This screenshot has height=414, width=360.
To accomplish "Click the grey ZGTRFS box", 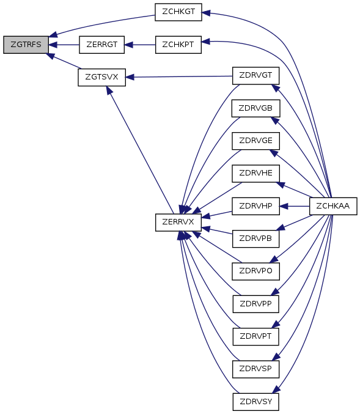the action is pyautogui.click(x=26, y=45).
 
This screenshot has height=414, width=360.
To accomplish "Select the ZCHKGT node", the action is pyautogui.click(x=178, y=12).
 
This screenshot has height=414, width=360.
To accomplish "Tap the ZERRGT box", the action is pyautogui.click(x=102, y=45).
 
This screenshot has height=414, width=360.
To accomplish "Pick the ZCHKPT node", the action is pyautogui.click(x=178, y=45).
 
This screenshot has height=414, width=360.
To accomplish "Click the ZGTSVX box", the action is pyautogui.click(x=102, y=77).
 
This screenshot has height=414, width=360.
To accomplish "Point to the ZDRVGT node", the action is pyautogui.click(x=255, y=75).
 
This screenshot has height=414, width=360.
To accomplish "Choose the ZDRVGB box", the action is pyautogui.click(x=255, y=108).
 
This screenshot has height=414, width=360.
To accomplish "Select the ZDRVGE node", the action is pyautogui.click(x=255, y=141).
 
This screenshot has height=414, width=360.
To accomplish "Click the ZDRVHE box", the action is pyautogui.click(x=255, y=173).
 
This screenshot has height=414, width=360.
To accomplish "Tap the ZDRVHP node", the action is pyautogui.click(x=255, y=206).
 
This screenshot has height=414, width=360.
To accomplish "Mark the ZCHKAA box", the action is pyautogui.click(x=333, y=206).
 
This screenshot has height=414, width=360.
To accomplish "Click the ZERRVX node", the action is pyautogui.click(x=178, y=223).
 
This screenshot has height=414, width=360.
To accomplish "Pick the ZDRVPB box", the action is pyautogui.click(x=255, y=238).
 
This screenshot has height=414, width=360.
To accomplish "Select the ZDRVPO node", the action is pyautogui.click(x=255, y=271).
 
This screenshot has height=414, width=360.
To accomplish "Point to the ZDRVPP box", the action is pyautogui.click(x=255, y=304).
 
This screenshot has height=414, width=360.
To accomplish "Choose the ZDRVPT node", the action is pyautogui.click(x=255, y=336).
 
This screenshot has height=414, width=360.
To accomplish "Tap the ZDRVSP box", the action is pyautogui.click(x=255, y=369).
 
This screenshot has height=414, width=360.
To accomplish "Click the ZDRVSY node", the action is pyautogui.click(x=255, y=402).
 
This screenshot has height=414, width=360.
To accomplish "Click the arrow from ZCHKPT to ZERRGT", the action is pyautogui.click(x=140, y=45).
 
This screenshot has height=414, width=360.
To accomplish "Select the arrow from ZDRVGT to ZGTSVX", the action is pyautogui.click(x=179, y=76).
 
